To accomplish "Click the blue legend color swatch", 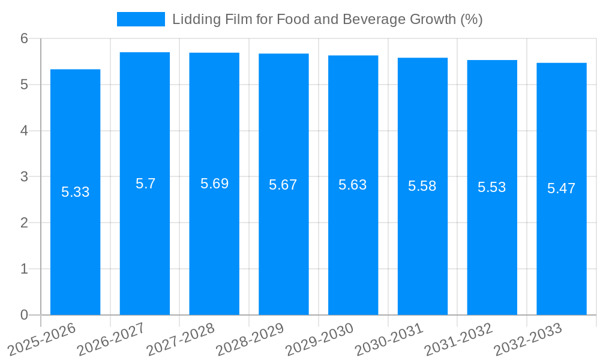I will coord(140,19).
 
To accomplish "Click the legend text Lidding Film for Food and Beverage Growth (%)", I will coord(327,19).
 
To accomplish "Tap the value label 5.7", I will coord(145,184).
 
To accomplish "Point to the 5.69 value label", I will coord(214,184).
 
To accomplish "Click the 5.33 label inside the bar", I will coord(75,192).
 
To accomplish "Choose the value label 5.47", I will coord(561,188).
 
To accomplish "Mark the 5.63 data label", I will coord(352,185).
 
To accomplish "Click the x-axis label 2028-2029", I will coord(250,340).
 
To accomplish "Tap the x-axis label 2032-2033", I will coord(527,340).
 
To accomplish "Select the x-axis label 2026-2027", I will coord(111,340).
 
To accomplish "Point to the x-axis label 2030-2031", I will coord(389,340).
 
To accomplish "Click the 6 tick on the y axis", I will coord(24,38).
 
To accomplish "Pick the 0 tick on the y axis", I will coord(24,315).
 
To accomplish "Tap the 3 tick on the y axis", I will coord(24,177).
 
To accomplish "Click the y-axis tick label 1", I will coord(24,269).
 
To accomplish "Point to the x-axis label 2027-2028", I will coord(181,340).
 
